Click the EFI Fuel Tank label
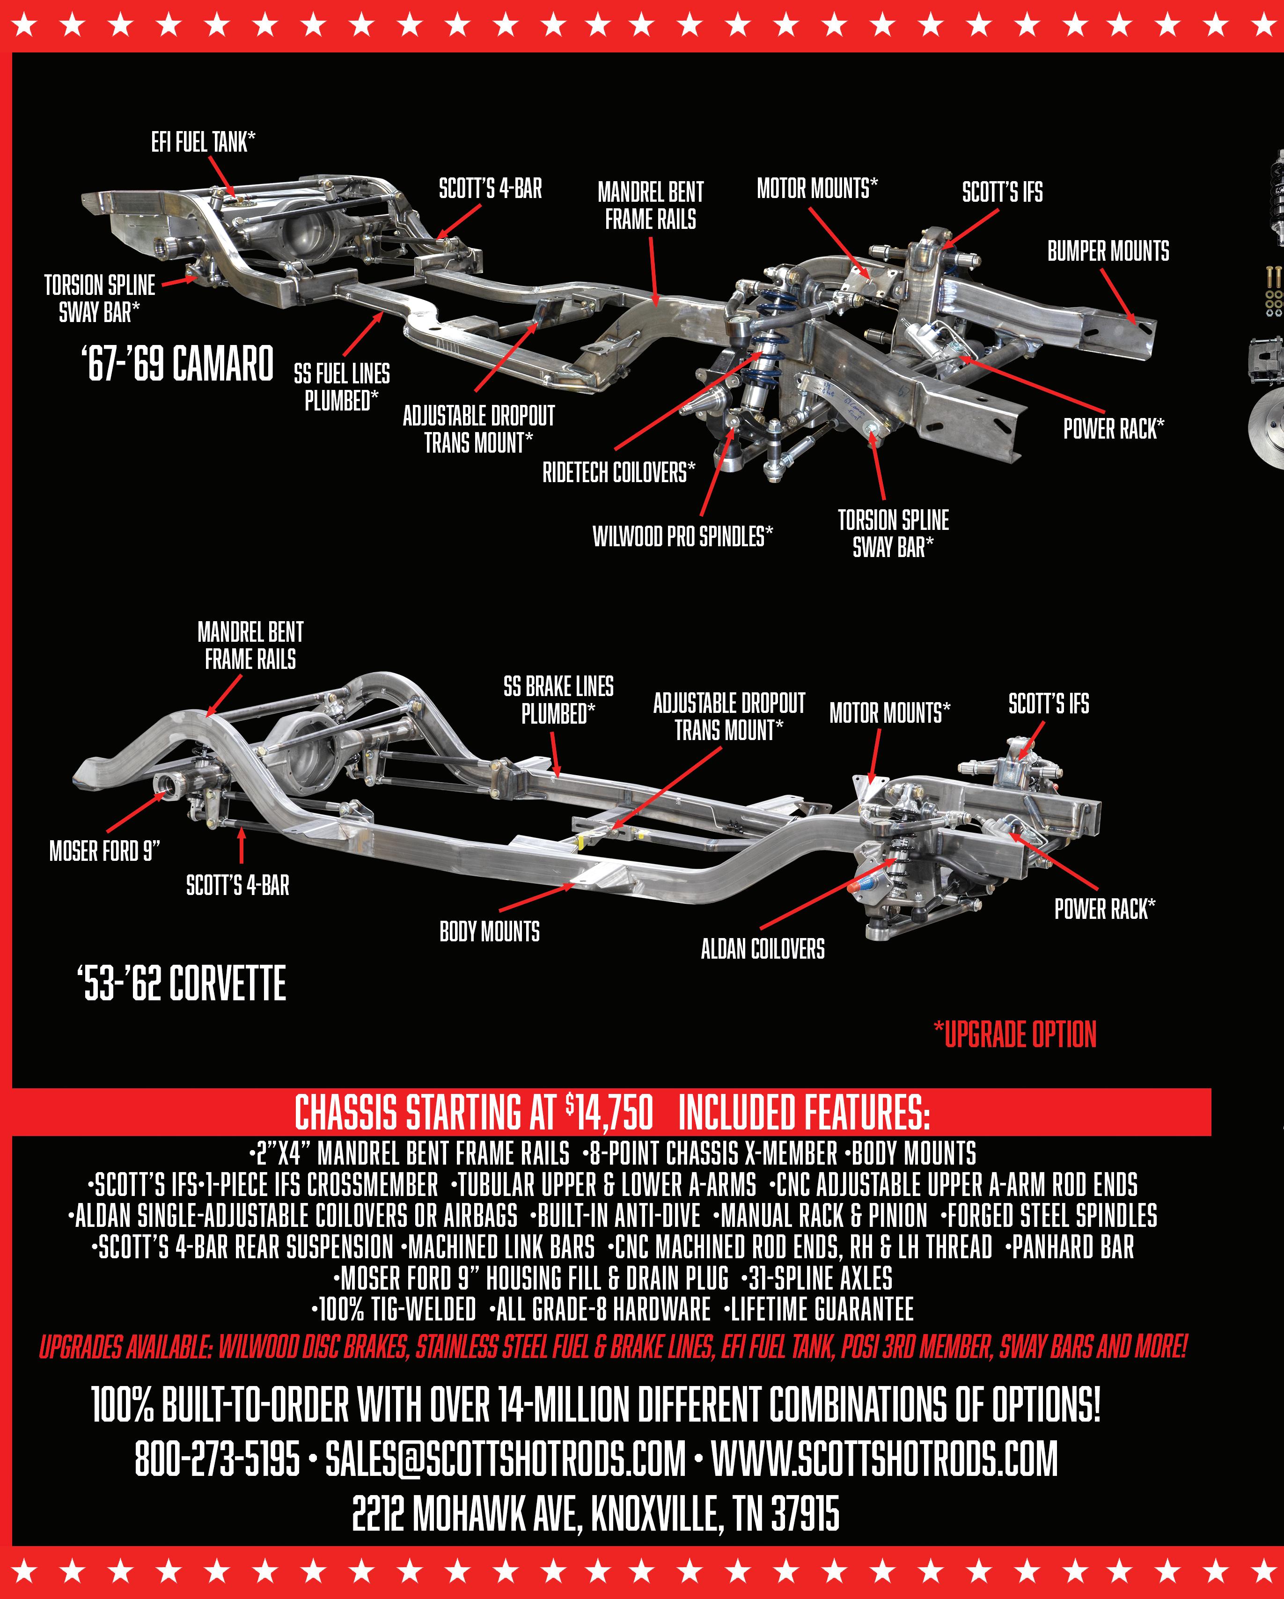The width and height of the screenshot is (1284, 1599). [x=203, y=142]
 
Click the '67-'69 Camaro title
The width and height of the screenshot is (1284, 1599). [x=177, y=363]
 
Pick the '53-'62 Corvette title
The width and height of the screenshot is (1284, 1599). [x=182, y=984]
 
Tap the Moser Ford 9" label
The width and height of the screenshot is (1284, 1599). [x=104, y=851]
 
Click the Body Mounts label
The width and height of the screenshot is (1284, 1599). [x=490, y=932]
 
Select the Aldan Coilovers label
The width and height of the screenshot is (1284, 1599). [x=763, y=948]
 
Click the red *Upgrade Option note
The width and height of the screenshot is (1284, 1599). [x=1015, y=1034]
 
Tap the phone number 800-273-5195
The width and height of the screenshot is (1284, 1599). [x=217, y=1459]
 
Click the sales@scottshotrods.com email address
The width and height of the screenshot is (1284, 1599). [x=505, y=1459]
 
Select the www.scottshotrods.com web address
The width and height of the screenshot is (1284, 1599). [x=884, y=1459]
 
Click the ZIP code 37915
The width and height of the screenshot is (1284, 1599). [x=805, y=1514]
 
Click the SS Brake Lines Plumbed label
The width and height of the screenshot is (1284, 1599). [x=558, y=700]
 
